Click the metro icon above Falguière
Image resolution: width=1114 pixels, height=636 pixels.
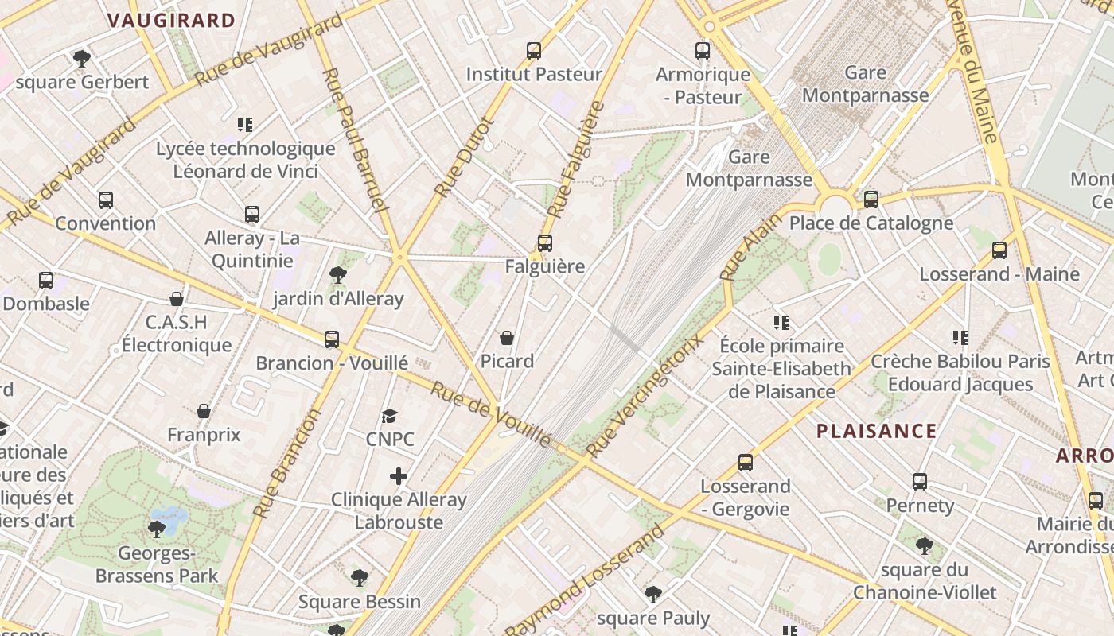[544, 243]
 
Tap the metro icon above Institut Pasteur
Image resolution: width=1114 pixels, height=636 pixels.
[534, 51]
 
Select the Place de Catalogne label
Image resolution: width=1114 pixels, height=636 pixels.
[871, 223]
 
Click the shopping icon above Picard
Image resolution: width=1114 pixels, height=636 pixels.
[507, 338]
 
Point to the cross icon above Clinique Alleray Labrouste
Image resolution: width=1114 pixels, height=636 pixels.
[399, 476]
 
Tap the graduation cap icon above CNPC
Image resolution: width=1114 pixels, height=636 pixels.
[389, 416]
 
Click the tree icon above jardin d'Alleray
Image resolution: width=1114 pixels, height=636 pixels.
[338, 275]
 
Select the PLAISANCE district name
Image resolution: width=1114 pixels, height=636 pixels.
[876, 432]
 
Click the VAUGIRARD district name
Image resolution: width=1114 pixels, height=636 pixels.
[171, 21]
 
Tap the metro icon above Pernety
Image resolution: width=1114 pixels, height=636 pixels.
[920, 482]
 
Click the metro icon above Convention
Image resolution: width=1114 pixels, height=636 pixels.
[106, 200]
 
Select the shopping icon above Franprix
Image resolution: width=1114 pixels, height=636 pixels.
[204, 411]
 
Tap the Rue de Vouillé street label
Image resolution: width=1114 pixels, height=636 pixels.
[490, 414]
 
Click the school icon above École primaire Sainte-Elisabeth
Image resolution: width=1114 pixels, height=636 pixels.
[781, 323]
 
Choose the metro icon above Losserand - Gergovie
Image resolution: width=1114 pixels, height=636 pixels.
[746, 463]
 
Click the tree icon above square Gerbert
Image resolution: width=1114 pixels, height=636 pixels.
[81, 58]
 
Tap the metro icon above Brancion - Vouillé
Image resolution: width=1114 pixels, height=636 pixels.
[332, 339]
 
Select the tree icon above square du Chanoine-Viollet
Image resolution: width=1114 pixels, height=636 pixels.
[925, 546]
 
